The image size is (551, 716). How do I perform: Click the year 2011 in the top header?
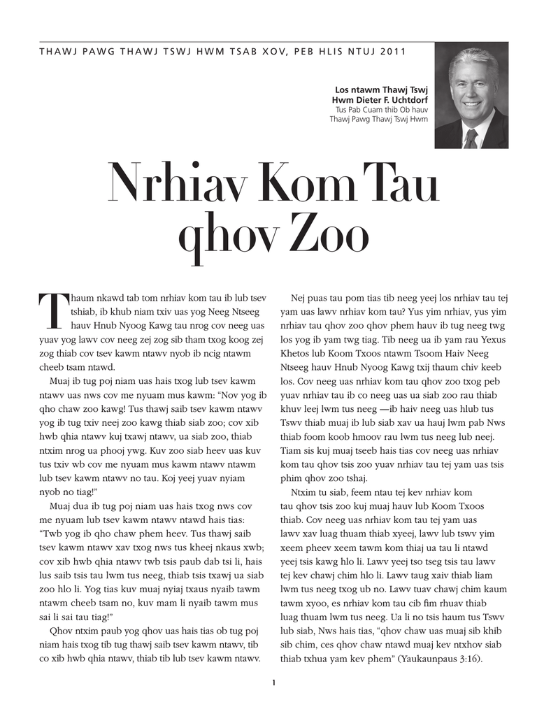click(393, 52)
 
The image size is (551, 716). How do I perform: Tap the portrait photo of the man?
click(471, 95)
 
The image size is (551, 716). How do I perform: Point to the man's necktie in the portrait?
click(471, 138)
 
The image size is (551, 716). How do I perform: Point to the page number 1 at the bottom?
click(275, 682)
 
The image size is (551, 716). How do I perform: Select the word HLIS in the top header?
click(323, 52)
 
